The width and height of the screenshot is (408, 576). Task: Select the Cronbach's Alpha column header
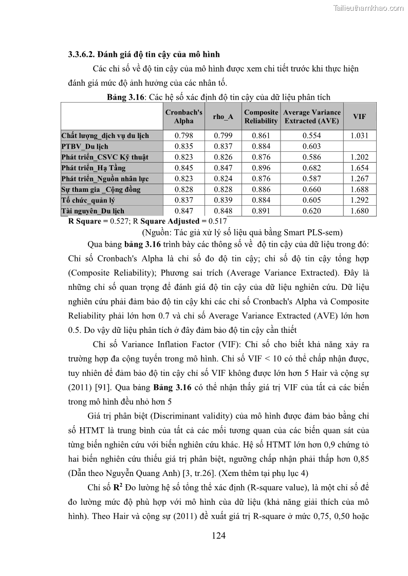(x=184, y=116)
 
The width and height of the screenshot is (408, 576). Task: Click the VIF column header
(x=360, y=116)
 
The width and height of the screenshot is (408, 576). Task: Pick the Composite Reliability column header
(x=261, y=116)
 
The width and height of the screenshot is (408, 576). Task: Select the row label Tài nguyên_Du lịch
(x=92, y=211)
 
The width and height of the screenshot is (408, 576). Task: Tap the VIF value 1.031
(x=360, y=135)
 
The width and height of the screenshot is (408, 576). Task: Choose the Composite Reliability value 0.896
(x=261, y=168)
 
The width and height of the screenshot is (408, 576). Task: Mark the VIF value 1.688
(x=360, y=189)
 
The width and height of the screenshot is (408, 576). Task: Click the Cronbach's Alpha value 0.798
(x=184, y=135)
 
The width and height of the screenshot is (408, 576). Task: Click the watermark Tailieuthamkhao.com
(x=368, y=7)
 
